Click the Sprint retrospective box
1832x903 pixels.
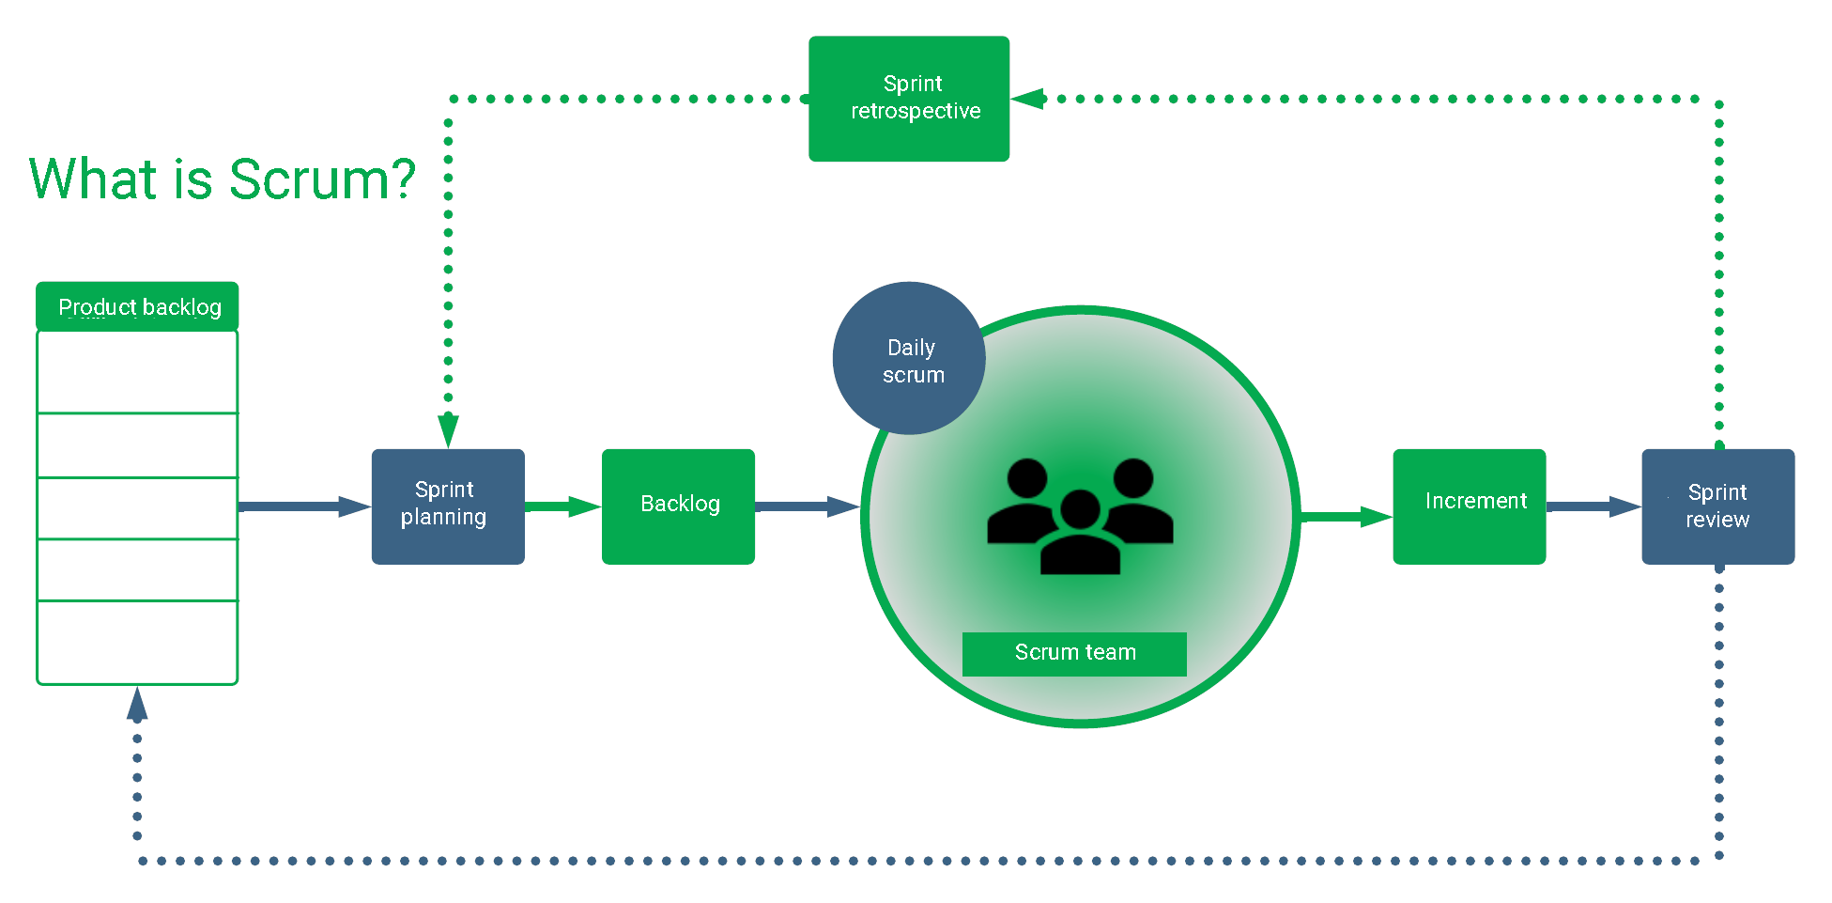point(908,99)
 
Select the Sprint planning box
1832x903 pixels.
point(448,506)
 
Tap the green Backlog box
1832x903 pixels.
point(678,506)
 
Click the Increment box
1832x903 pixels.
point(1469,506)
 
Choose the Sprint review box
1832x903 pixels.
point(1717,506)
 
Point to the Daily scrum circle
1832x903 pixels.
point(908,359)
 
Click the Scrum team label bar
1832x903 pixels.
point(1074,653)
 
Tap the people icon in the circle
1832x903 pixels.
point(1080,517)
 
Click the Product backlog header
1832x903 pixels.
point(137,306)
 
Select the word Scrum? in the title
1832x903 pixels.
point(322,179)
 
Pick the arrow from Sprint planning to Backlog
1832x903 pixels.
point(562,507)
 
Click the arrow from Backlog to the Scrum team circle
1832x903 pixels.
point(806,506)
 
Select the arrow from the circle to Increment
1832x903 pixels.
point(1345,517)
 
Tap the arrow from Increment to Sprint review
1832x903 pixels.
point(1593,506)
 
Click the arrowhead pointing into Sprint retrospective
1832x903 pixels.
point(1028,99)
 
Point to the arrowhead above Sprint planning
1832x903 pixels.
point(448,429)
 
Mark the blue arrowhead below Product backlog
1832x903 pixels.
point(137,705)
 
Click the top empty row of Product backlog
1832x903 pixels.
point(137,372)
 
